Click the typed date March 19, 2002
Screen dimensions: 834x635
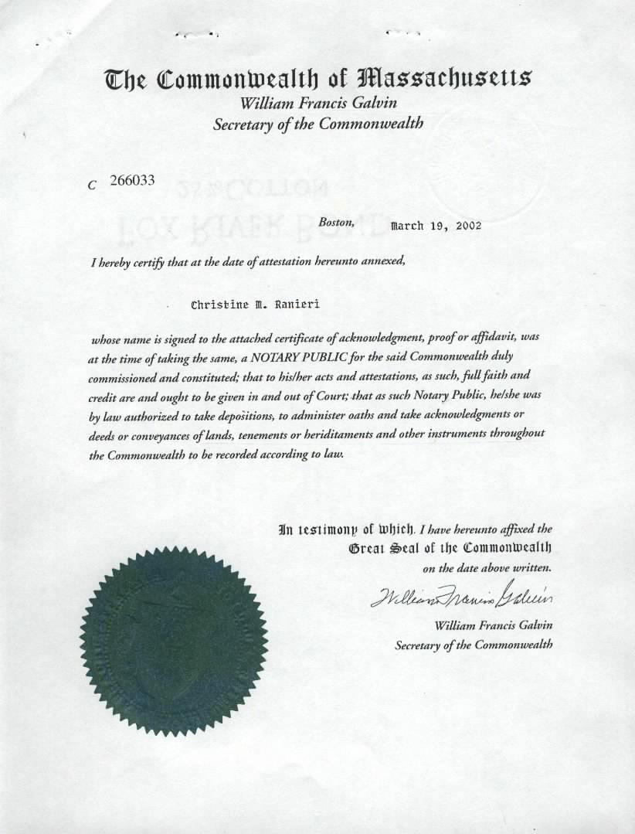(436, 226)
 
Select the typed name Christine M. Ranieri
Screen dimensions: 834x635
(255, 305)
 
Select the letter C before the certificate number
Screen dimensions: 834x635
(93, 185)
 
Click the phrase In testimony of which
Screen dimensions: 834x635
(347, 530)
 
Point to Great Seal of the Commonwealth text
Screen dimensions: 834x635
(450, 549)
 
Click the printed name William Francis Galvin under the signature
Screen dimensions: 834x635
(494, 625)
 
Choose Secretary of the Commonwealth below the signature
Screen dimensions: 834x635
(474, 644)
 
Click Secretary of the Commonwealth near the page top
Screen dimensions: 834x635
(317, 123)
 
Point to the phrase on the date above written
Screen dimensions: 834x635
(487, 568)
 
